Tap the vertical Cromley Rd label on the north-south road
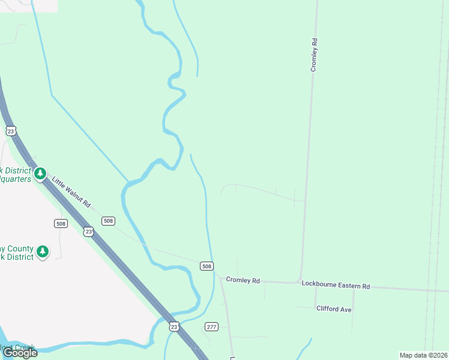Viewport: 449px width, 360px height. [313, 55]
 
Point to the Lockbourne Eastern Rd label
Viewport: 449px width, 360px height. [336, 286]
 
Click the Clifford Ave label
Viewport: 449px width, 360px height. [334, 308]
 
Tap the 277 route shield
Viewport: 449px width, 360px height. [211, 326]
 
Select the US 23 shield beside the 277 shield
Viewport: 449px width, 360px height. [174, 326]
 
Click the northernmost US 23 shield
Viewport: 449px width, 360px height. [11, 130]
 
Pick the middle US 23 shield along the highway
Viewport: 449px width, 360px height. [89, 231]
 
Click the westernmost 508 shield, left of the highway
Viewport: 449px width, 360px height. [60, 223]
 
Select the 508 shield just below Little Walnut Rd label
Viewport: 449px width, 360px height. [108, 221]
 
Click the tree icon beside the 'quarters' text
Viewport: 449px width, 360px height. [40, 174]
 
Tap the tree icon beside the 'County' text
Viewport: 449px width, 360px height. [42, 251]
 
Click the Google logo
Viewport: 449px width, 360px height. [19, 353]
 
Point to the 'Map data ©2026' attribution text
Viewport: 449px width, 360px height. [423, 355]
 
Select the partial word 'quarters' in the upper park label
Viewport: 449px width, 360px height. [14, 178]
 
